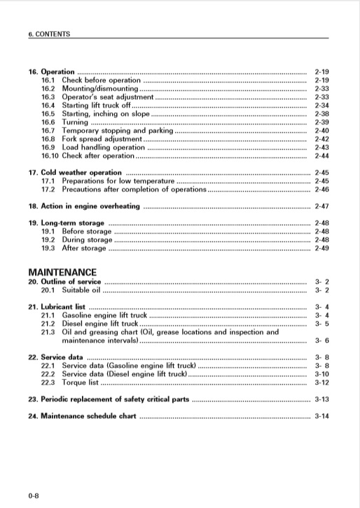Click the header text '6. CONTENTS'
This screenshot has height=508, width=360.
pyautogui.click(x=48, y=34)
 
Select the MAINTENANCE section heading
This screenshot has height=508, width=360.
pyautogui.click(x=62, y=271)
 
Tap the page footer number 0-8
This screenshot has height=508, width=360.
pyautogui.click(x=34, y=496)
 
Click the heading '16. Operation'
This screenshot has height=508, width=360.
pyautogui.click(x=51, y=72)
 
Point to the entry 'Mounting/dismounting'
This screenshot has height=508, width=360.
pyautogui.click(x=100, y=89)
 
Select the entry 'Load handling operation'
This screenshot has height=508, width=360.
pyautogui.click(x=103, y=148)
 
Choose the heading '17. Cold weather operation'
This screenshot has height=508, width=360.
pyautogui.click(x=74, y=173)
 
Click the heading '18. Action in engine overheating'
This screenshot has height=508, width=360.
pyautogui.click(x=83, y=206)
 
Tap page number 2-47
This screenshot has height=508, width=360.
pyautogui.click(x=321, y=206)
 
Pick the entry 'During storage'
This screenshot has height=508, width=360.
pyautogui.click(x=87, y=240)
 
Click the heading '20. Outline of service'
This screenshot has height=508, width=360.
pyautogui.click(x=64, y=281)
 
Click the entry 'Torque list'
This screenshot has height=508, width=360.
pyautogui.click(x=80, y=382)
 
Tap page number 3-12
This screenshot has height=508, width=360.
pyautogui.click(x=321, y=382)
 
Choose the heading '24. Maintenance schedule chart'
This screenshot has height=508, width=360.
pyautogui.click(x=82, y=416)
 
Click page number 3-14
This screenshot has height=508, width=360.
pyautogui.click(x=321, y=416)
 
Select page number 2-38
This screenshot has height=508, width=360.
pyautogui.click(x=321, y=114)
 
